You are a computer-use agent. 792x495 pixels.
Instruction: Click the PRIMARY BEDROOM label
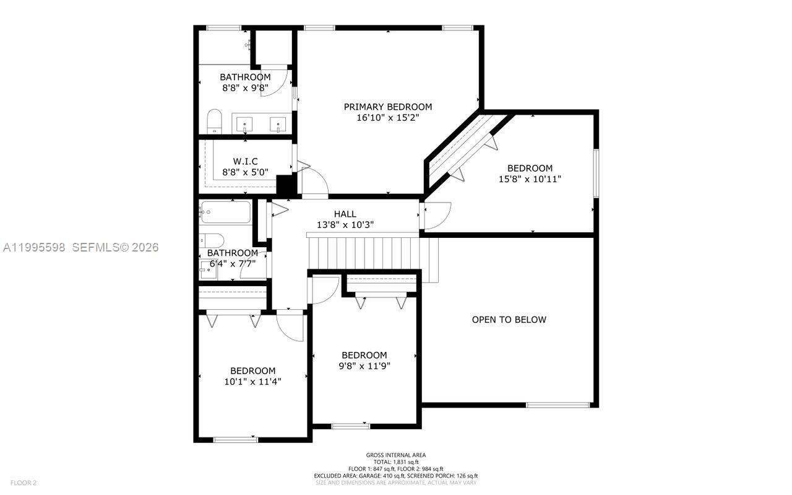(388, 107)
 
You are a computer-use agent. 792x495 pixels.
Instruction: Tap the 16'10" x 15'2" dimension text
(388, 118)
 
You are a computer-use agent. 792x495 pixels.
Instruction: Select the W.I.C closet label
(245, 161)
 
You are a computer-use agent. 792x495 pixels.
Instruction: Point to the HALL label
(345, 214)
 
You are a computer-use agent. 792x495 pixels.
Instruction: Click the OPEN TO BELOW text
(509, 320)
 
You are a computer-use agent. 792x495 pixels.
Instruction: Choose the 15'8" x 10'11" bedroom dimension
(530, 179)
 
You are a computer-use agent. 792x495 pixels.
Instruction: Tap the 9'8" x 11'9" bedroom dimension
(364, 366)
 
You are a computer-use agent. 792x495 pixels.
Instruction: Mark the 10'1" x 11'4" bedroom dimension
(252, 382)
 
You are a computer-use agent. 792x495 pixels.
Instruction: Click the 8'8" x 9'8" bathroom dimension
(245, 88)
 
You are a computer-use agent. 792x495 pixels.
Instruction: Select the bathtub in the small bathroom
(225, 212)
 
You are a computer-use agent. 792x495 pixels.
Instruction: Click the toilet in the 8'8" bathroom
(214, 121)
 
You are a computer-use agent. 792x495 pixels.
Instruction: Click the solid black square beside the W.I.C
(285, 185)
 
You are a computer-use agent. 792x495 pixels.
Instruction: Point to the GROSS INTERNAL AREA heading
(396, 455)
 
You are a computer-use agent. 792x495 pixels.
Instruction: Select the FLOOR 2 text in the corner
(24, 483)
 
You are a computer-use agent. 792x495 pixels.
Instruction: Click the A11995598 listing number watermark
(34, 247)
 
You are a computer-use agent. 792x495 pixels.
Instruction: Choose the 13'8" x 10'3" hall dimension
(345, 225)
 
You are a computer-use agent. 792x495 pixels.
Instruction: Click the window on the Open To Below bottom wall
(557, 405)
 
